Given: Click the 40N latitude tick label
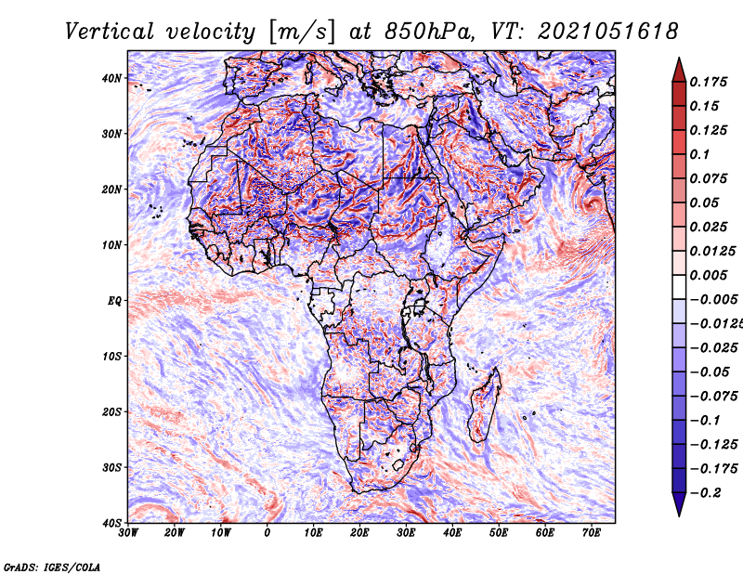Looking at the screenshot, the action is pos(111,78).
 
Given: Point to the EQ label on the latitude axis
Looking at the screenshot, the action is pos(114,301).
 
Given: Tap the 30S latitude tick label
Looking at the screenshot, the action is pos(111,468).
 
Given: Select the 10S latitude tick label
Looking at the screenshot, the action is pos(111,357).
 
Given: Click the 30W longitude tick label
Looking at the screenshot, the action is pos(128,533).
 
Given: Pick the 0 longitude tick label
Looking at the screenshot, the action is pos(267,533).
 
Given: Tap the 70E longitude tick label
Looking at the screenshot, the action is pos(592,533).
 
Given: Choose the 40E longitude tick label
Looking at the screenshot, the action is pos(452,533).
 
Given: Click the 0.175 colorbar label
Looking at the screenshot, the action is pos(709,82).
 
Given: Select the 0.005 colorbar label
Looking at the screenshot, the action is pos(709,275).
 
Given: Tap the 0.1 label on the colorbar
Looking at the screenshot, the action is pos(699,154).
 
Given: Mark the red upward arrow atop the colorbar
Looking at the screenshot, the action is pos(679,70).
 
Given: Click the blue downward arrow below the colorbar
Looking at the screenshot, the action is pos(679,504).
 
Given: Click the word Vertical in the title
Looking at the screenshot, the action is pos(110,32).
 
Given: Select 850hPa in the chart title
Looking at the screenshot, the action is pos(429,32).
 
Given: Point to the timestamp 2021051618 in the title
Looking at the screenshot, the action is pos(607,32).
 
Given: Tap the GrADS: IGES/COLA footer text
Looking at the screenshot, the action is pos(52,567).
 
